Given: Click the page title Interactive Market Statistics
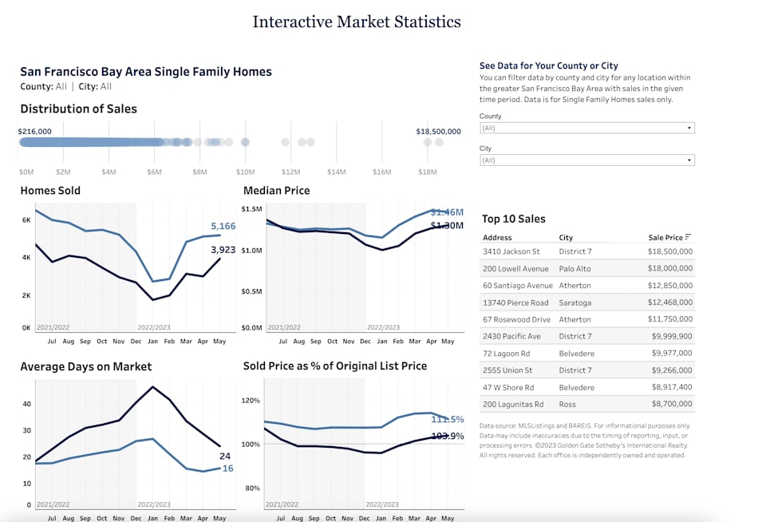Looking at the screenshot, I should click(x=357, y=22).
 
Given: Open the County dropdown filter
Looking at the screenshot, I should click(x=586, y=128).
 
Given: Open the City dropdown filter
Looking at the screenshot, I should click(x=586, y=160).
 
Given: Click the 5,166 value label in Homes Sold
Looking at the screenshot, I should click(x=223, y=227).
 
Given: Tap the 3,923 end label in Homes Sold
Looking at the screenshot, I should click(x=223, y=251).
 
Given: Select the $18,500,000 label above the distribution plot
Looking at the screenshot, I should click(x=438, y=132).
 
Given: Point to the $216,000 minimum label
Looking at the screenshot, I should click(x=34, y=132).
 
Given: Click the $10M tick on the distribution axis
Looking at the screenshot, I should click(x=245, y=172).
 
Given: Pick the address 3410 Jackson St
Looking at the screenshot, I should click(x=511, y=251).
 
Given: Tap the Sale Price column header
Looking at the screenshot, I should click(x=665, y=238).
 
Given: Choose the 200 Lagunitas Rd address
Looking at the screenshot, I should click(x=513, y=405).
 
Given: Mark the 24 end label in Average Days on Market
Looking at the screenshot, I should click(x=225, y=457).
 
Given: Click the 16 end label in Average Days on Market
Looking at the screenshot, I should click(x=227, y=469).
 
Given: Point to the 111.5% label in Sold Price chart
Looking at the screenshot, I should click(x=447, y=419).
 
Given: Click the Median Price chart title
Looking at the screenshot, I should click(x=276, y=191).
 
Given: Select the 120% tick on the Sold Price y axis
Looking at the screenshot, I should click(x=251, y=401).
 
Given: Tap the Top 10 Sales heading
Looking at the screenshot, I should click(x=514, y=219).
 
